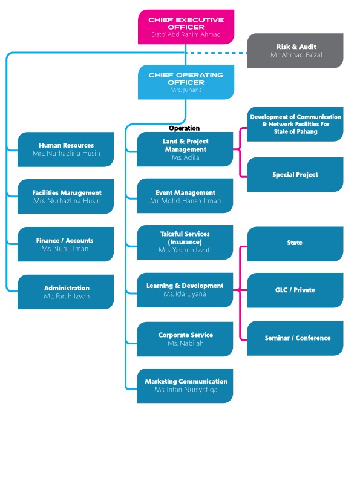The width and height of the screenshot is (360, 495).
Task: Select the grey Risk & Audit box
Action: point(295,51)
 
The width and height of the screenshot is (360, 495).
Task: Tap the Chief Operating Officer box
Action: point(186,82)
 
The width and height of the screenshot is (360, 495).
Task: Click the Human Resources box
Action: point(66,149)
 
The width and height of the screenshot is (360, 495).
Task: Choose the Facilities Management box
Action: point(66,197)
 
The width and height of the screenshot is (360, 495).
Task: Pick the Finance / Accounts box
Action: point(66,244)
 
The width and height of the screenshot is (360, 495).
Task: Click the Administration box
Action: point(66,292)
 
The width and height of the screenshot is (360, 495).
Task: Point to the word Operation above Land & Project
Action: point(184,128)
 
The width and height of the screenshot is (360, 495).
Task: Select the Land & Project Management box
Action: point(185,149)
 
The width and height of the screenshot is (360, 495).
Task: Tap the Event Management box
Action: point(185,196)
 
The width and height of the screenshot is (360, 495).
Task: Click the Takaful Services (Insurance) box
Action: point(185,242)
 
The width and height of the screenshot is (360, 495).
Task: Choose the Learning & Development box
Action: point(185,289)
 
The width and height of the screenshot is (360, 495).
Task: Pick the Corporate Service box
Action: point(185,339)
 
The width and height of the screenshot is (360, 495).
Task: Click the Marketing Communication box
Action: point(185,385)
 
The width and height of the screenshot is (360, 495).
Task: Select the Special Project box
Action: point(295,175)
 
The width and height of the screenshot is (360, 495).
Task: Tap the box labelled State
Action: point(295,243)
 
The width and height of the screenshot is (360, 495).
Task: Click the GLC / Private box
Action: point(295,290)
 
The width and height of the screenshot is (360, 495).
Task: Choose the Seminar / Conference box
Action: point(295,338)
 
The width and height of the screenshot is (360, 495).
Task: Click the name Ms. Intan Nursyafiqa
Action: point(185,390)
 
